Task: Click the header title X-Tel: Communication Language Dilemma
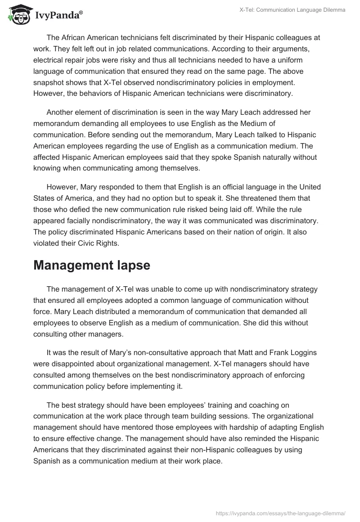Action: [x=292, y=10]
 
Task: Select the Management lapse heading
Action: [x=92, y=265]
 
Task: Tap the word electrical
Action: [x=49, y=60]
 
